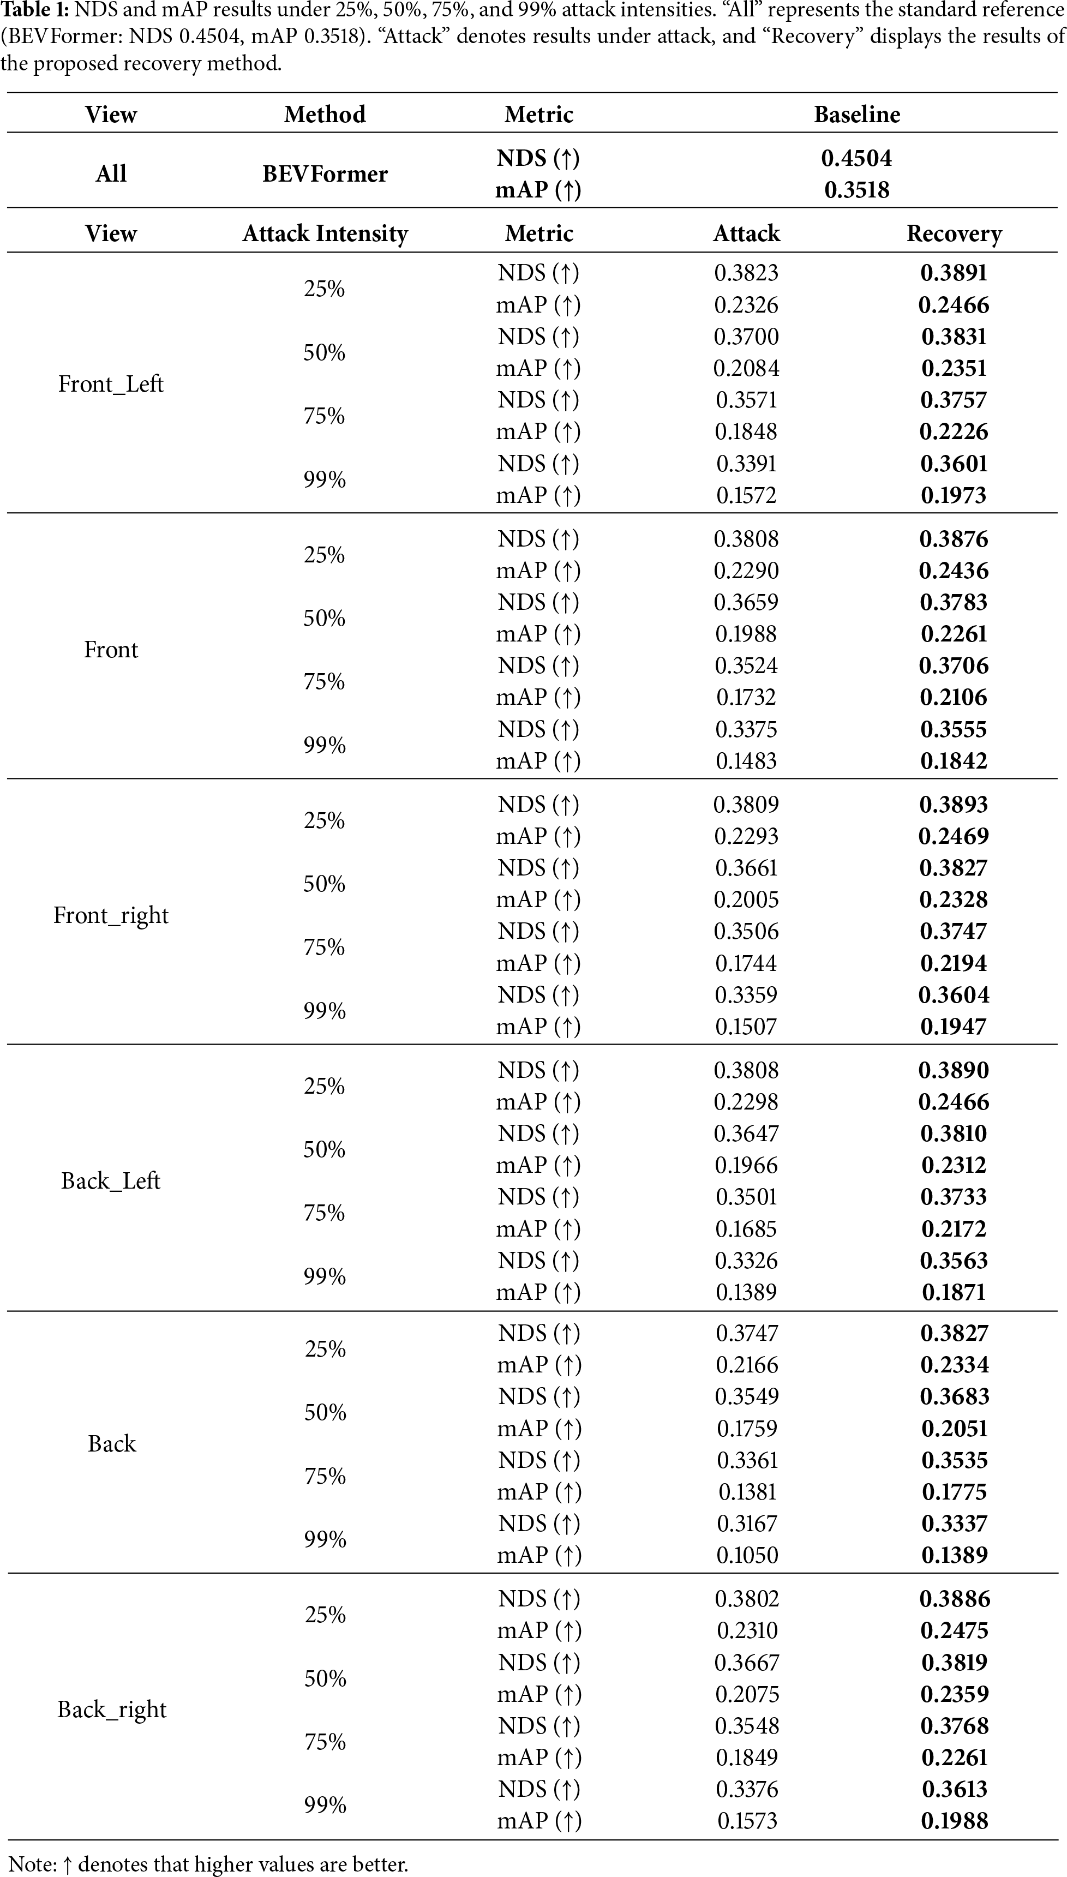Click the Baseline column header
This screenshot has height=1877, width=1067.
pyautogui.click(x=856, y=115)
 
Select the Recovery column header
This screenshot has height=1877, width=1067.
pyautogui.click(x=954, y=233)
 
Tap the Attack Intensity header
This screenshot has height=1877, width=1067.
pyautogui.click(x=325, y=233)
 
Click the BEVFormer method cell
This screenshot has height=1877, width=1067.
pyautogui.click(x=325, y=173)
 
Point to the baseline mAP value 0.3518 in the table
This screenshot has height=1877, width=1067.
pyautogui.click(x=856, y=190)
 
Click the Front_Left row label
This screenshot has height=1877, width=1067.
pyautogui.click(x=111, y=384)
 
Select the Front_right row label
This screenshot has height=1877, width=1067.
pyautogui.click(x=111, y=915)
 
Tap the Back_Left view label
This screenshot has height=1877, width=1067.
pyautogui.click(x=111, y=1181)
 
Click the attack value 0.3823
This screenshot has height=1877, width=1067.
pyautogui.click(x=746, y=273)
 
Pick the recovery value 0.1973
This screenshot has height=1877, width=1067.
pyautogui.click(x=954, y=495)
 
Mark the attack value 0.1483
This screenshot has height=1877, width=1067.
pyautogui.click(x=746, y=760)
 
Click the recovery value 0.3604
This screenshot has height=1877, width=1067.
pyautogui.click(x=954, y=995)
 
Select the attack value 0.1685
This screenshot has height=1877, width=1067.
pyautogui.click(x=746, y=1228)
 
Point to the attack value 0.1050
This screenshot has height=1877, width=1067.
pyautogui.click(x=747, y=1555)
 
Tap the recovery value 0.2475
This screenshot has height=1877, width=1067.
pyautogui.click(x=954, y=1630)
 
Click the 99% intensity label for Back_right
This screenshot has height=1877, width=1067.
pyautogui.click(x=325, y=1804)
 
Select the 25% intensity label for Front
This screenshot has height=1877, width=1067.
pyautogui.click(x=325, y=555)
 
